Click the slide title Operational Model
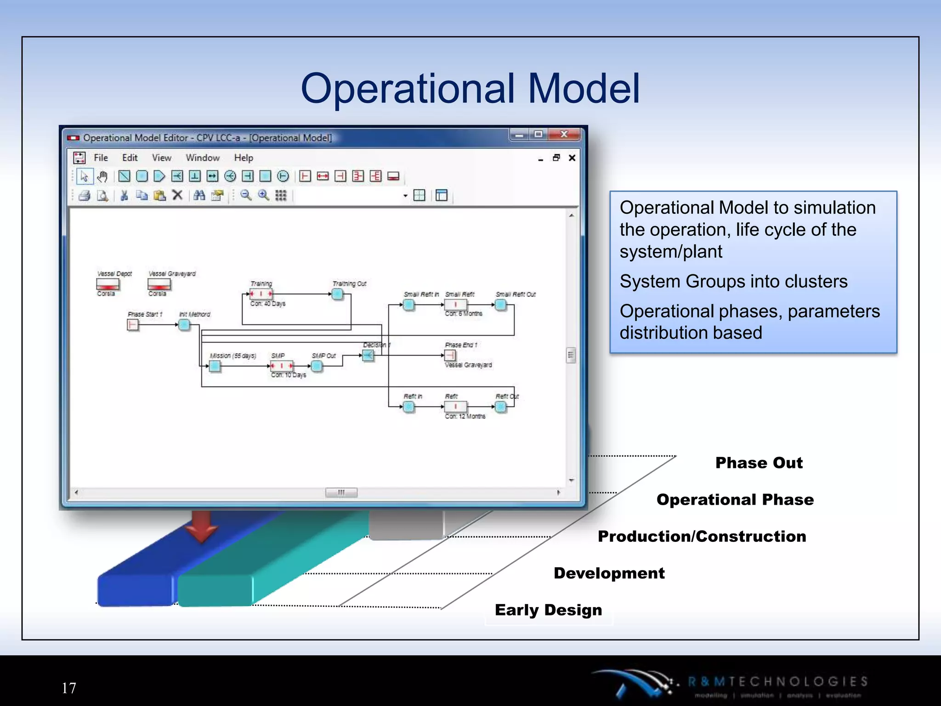point(470,88)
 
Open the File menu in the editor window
point(101,158)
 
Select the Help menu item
point(244,158)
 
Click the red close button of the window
point(565,134)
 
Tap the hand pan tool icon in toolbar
point(102,176)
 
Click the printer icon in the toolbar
point(84,196)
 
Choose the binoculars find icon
point(199,196)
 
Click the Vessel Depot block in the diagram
point(108,284)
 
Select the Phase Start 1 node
point(133,325)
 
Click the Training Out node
point(338,294)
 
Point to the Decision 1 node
point(368,355)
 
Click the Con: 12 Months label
point(465,416)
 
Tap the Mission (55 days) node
point(215,366)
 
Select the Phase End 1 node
point(450,355)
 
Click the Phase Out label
point(759,463)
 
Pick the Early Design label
point(548,610)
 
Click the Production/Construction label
point(702,536)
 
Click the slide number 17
point(69,688)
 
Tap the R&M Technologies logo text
point(777,682)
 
